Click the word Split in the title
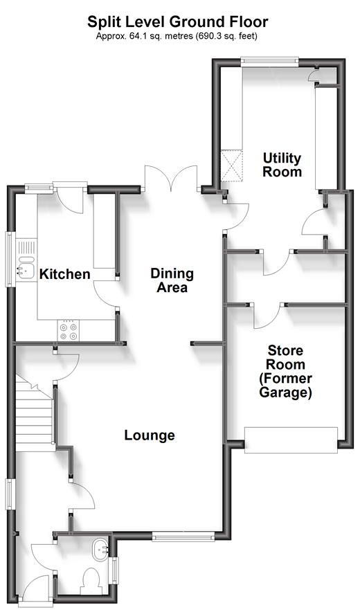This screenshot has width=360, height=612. point(102,22)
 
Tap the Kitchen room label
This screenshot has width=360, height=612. point(64,275)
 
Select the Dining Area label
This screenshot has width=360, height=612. point(172,280)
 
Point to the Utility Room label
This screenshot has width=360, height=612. point(282,165)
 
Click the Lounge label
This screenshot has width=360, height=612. point(150,435)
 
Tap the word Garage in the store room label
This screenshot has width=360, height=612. point(286,393)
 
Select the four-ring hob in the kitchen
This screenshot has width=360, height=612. point(69,331)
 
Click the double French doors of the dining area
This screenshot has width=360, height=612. point(171,179)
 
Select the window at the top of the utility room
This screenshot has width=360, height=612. point(270,61)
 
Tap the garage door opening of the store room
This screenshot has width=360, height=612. point(291,440)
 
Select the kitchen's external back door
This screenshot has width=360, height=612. point(69,197)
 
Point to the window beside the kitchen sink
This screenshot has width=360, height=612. point(10,258)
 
